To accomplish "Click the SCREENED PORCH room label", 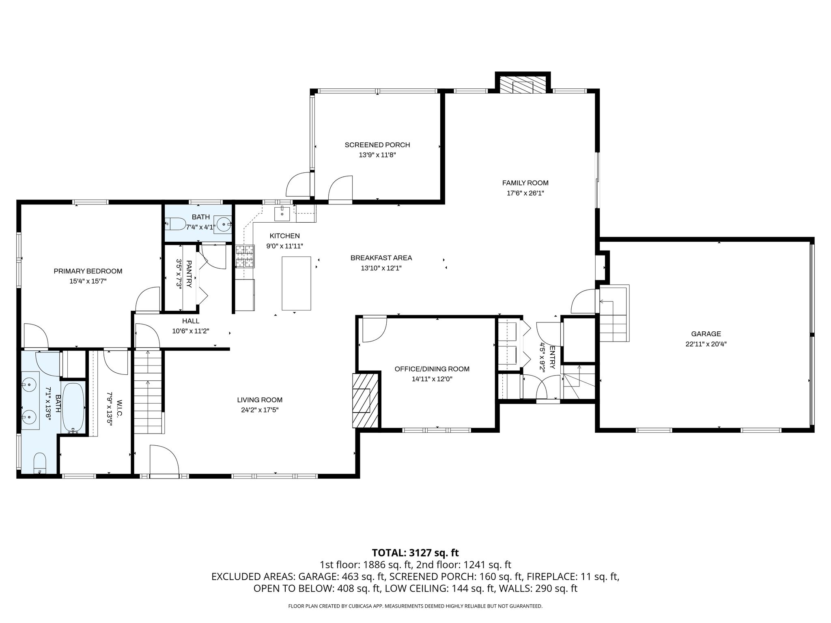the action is (377, 145).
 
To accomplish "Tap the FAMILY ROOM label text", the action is (525, 183).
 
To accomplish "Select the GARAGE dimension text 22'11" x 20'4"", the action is (706, 344).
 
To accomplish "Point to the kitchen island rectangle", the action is (297, 283).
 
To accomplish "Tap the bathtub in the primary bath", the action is (73, 408).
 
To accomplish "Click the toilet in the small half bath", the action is (175, 223).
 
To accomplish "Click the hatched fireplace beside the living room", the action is (365, 400).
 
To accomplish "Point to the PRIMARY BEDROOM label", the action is (88, 271).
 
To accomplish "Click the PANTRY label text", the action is (189, 274).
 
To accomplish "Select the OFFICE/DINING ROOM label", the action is (432, 369).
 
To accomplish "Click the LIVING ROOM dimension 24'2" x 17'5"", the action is (260, 410).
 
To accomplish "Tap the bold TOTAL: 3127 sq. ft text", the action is (415, 552).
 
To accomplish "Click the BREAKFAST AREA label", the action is (381, 258).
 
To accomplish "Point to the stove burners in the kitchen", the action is (245, 257).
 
